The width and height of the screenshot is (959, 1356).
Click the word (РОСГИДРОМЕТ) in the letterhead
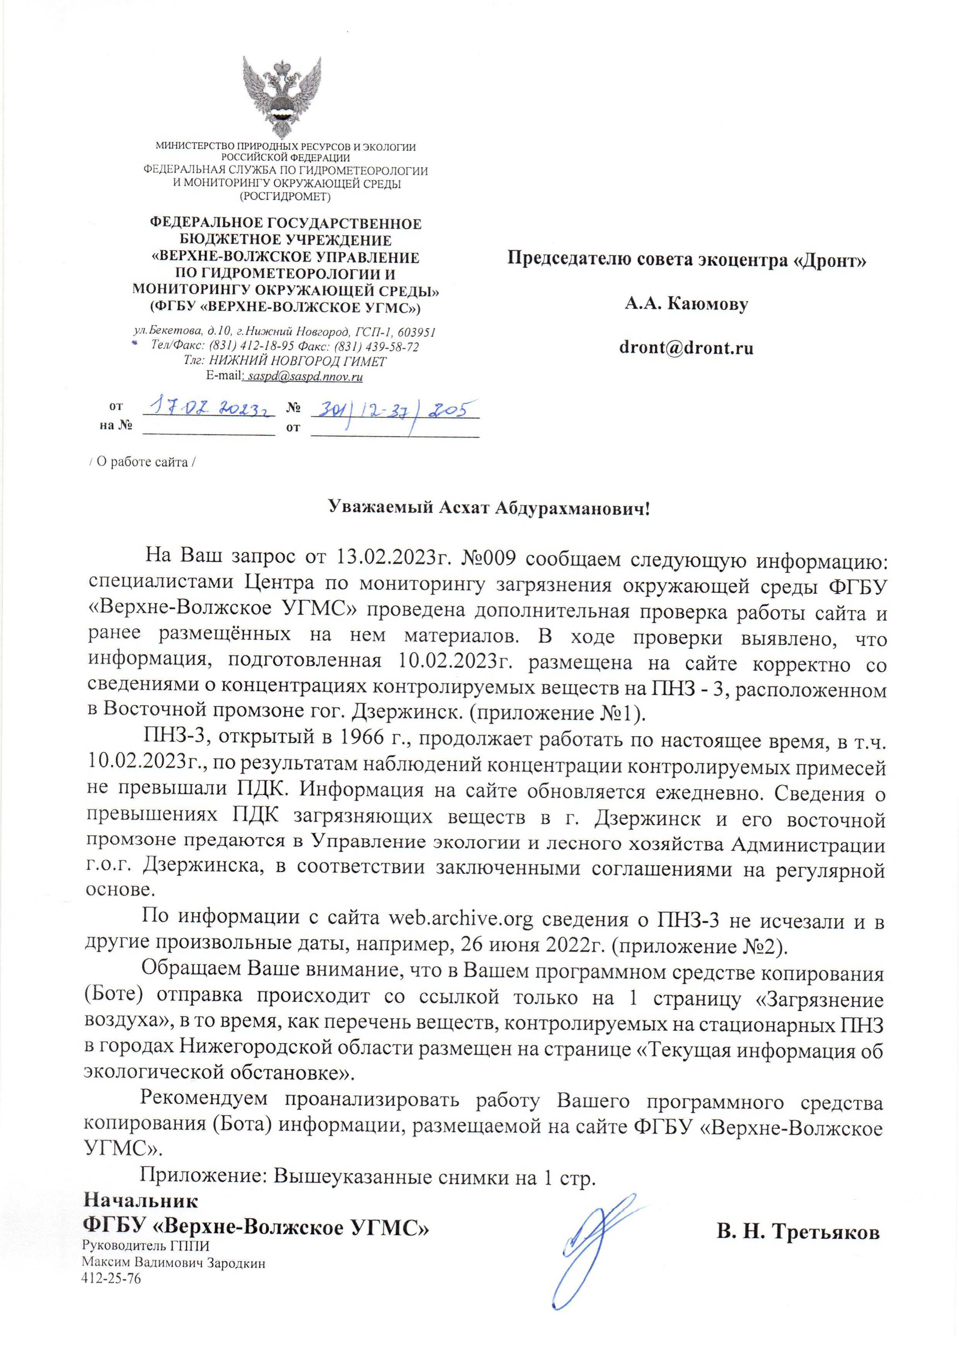(285, 196)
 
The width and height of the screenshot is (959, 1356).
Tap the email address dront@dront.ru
(686, 348)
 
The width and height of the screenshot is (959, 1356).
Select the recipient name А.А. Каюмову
(686, 304)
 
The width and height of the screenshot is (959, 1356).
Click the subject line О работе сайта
(142, 462)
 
